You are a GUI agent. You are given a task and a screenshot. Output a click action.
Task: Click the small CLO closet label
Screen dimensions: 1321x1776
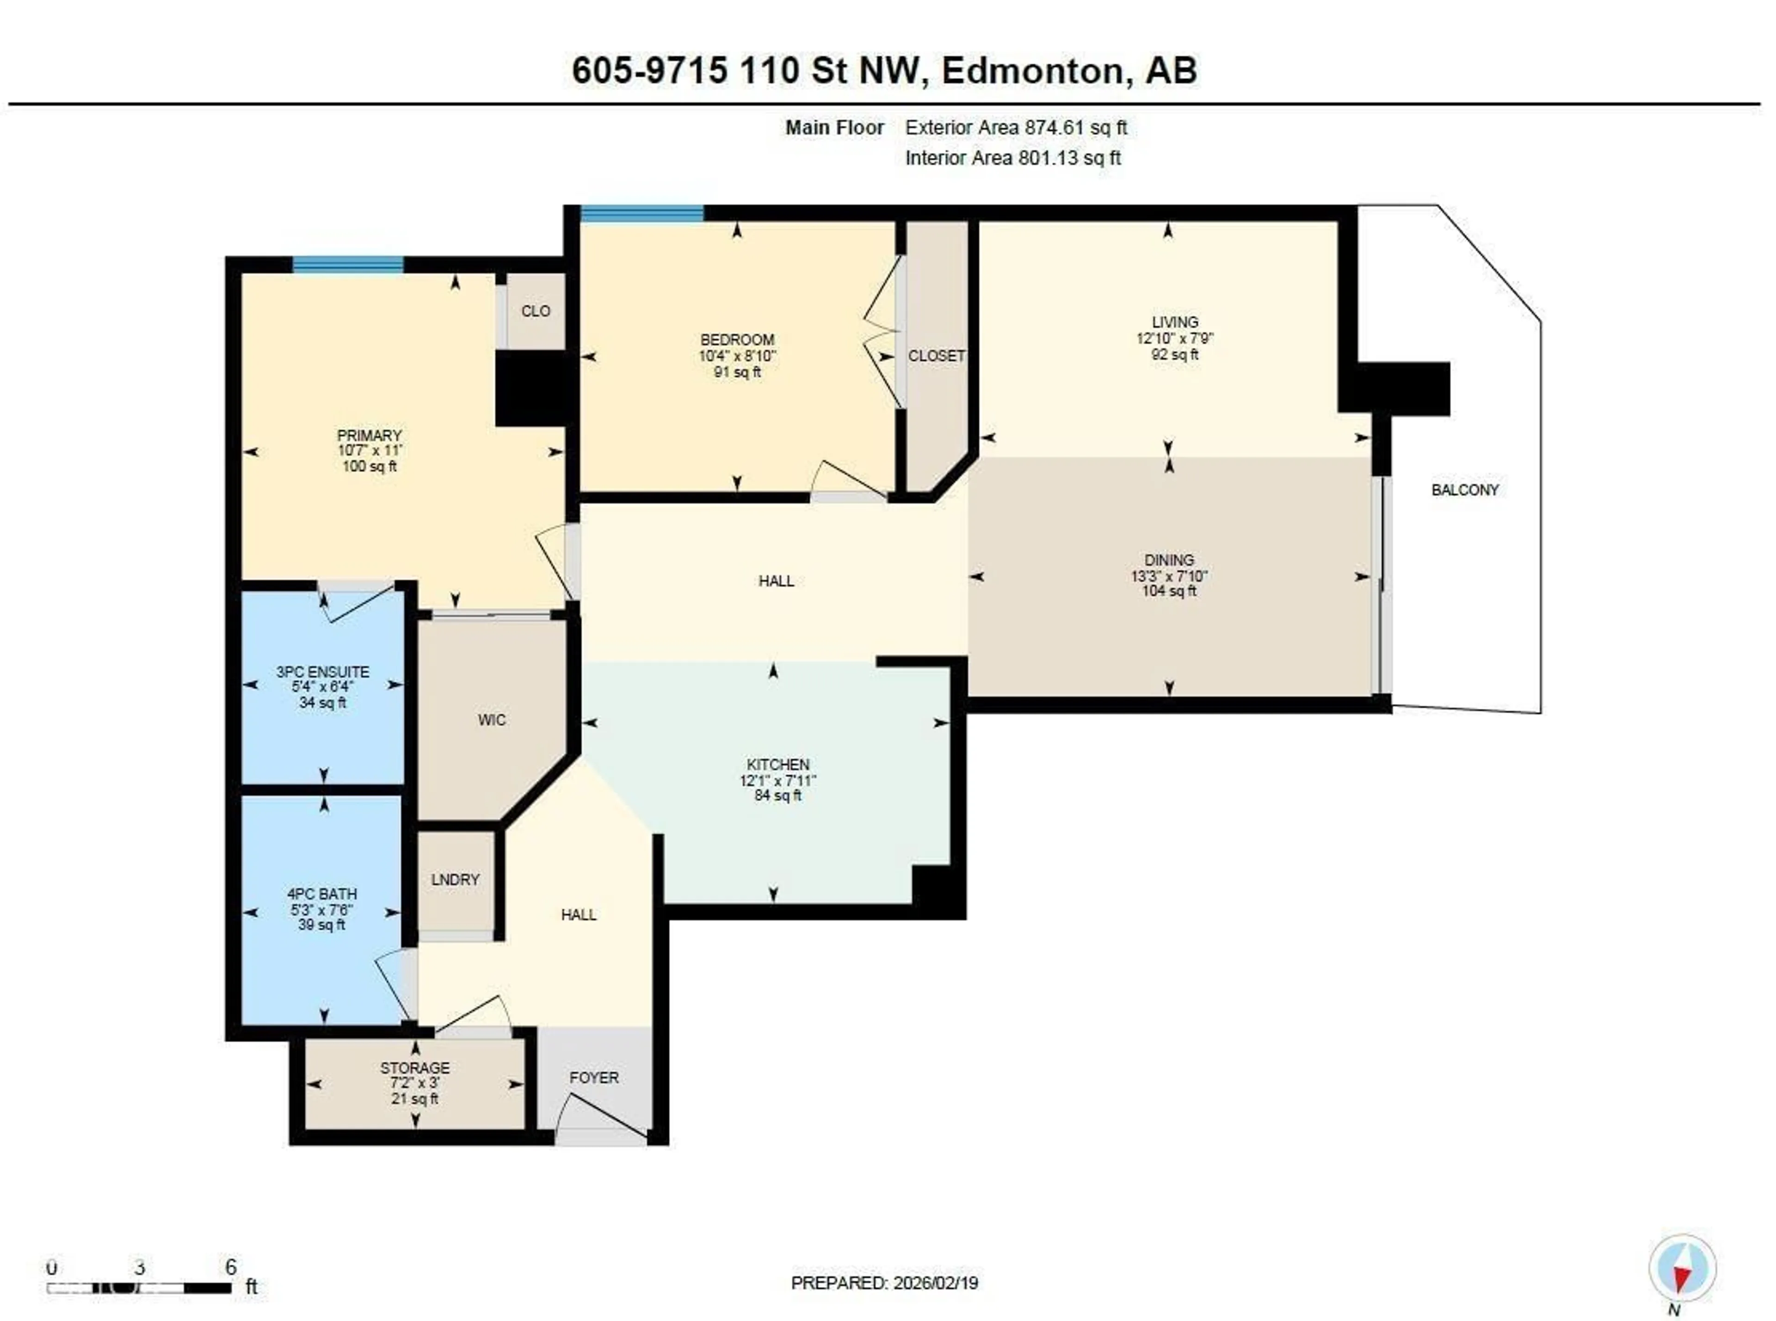coord(535,311)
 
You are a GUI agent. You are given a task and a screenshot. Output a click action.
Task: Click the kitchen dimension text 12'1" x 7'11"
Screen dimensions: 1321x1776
coord(777,780)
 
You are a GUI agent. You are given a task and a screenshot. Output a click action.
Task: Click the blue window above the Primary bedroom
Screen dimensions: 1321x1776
coord(348,265)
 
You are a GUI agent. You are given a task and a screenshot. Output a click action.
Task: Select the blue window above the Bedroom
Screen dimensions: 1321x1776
coord(641,213)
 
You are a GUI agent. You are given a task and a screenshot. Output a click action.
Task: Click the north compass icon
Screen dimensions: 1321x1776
coord(1682,1270)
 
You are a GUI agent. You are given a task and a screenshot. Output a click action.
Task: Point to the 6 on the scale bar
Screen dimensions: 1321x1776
coord(230,1266)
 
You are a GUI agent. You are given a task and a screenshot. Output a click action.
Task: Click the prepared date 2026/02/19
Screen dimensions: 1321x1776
coord(936,1283)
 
